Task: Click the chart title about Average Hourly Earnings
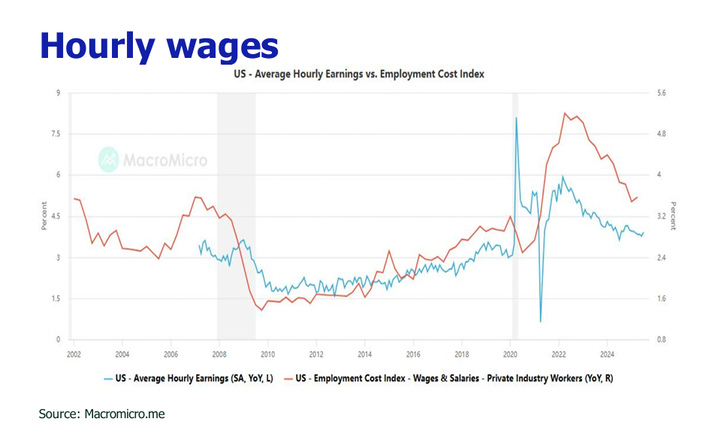tap(360, 74)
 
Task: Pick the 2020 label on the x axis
tap(510, 354)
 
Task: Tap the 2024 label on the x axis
tap(608, 354)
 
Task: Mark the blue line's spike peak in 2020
tap(516, 118)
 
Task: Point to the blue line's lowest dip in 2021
tap(541, 321)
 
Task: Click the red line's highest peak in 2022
tap(565, 114)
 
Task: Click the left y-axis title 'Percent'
tap(44, 216)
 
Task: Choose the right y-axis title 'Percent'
tap(673, 216)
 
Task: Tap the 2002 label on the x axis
tap(74, 354)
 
